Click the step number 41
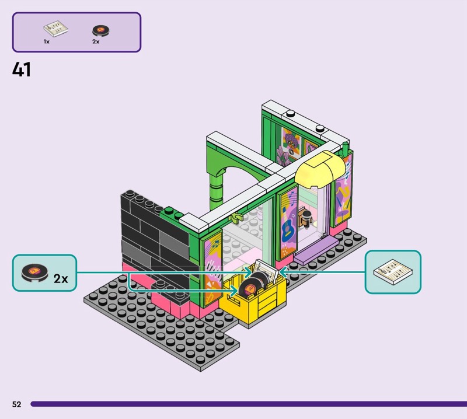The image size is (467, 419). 21,70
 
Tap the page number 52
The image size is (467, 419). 16,404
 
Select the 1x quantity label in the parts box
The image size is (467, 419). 46,42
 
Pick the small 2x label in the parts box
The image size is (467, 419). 96,42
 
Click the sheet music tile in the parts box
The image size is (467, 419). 53,29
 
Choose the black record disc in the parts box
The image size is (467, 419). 100,30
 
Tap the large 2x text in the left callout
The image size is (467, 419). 61,279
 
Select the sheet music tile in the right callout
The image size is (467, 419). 393,272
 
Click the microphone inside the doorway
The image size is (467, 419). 306,217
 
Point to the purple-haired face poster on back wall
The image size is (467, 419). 291,142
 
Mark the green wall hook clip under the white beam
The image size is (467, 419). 236,217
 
